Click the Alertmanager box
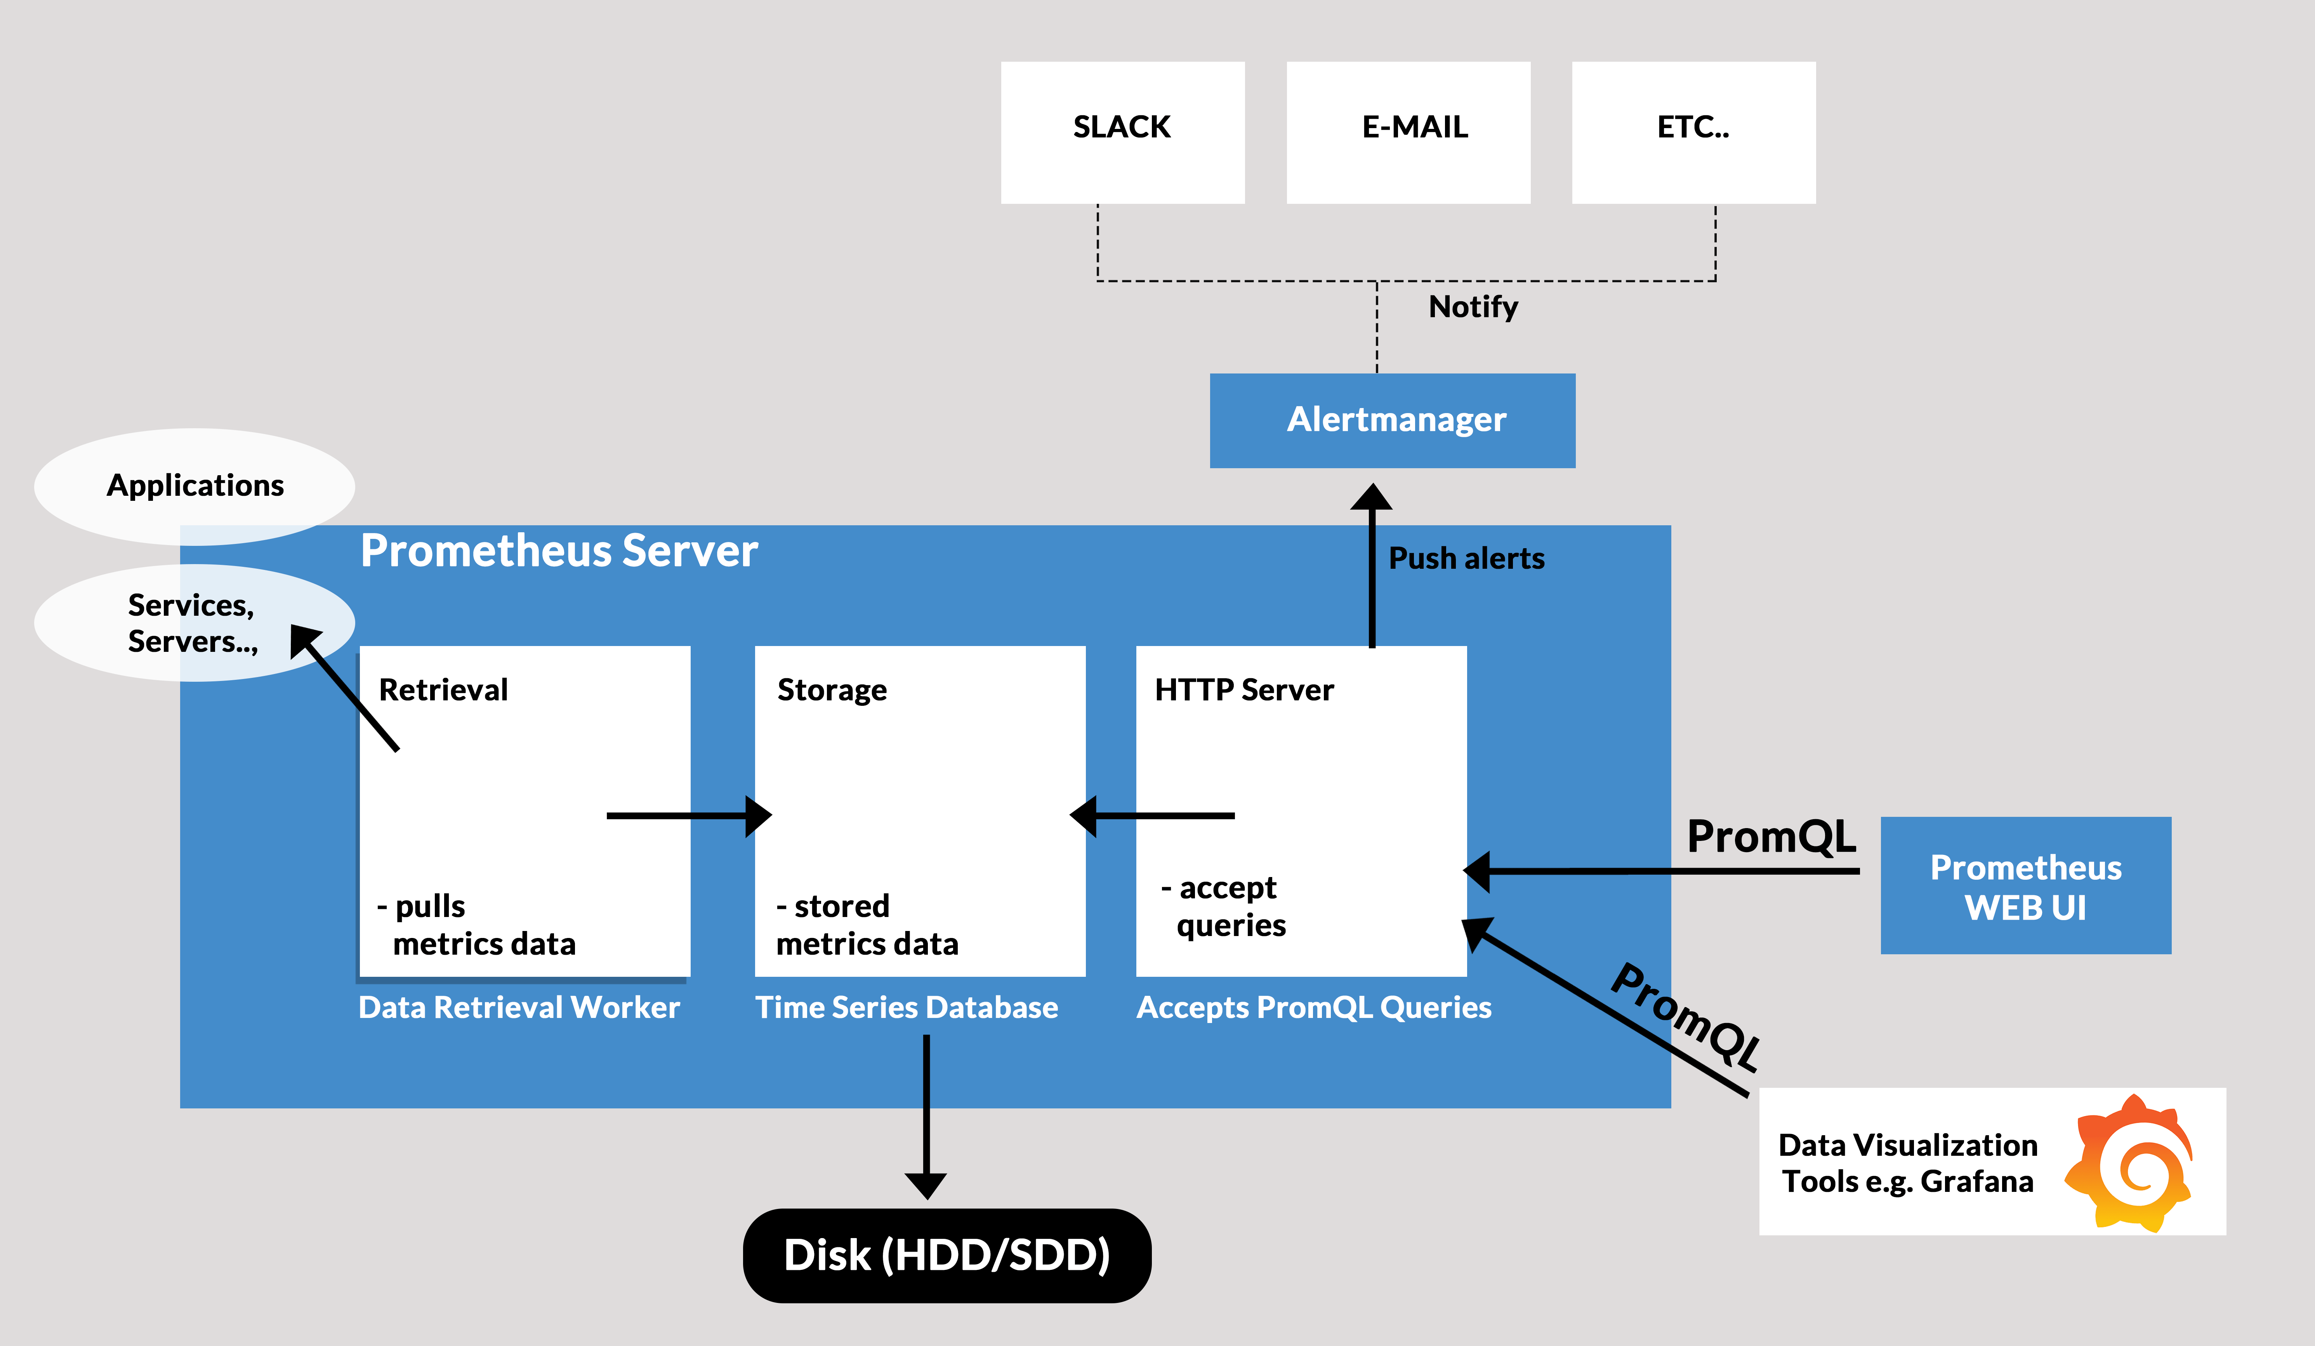coord(1392,420)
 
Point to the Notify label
coord(1473,307)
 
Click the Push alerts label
coord(1466,559)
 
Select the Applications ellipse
coord(195,485)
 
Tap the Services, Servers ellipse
coord(193,623)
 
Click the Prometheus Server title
coord(559,551)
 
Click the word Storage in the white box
coord(831,690)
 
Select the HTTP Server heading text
coord(1244,690)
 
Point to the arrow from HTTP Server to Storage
coord(1153,815)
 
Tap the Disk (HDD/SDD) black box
coord(946,1255)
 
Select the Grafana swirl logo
coord(2129,1162)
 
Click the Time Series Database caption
coord(906,1008)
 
